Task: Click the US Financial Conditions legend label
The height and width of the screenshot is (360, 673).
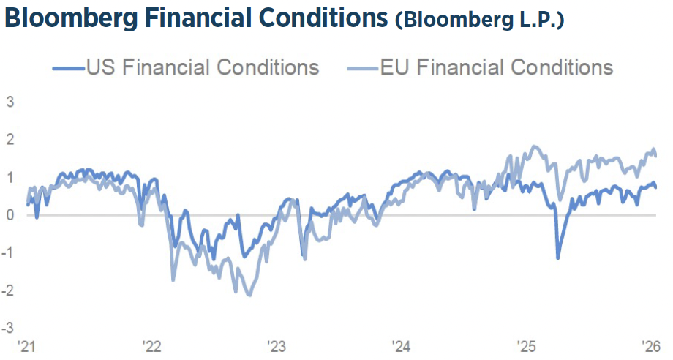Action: [203, 68]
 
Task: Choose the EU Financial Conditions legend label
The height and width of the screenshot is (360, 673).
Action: [497, 68]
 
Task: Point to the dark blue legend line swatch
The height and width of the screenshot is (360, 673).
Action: [68, 69]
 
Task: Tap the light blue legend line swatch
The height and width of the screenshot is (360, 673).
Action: [362, 69]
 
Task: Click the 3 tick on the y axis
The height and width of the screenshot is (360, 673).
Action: [10, 102]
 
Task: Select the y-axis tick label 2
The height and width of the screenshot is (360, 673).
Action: [10, 139]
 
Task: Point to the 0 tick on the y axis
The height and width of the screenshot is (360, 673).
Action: [10, 214]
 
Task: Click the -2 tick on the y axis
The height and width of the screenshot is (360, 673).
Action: [9, 290]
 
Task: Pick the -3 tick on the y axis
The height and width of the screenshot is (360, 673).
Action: [9, 327]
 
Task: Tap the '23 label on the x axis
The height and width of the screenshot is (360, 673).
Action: [277, 345]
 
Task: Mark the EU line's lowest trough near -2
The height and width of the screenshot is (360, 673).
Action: [249, 295]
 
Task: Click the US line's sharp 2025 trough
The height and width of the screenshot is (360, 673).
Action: [557, 258]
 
